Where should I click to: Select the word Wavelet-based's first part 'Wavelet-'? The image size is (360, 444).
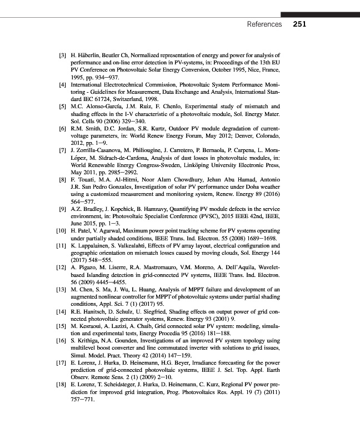pos(268,266)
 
